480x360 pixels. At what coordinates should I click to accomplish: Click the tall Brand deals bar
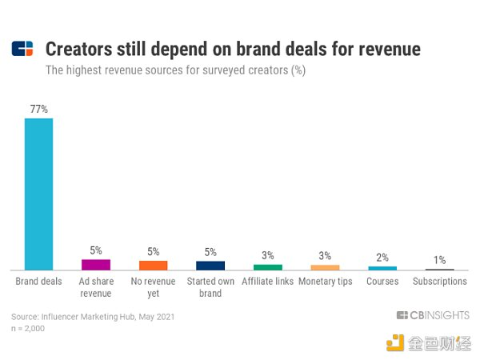(x=38, y=194)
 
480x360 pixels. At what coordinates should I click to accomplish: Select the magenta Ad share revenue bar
(x=96, y=265)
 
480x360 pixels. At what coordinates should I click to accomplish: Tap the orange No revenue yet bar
(x=153, y=266)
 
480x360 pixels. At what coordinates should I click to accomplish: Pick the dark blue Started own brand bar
(x=210, y=266)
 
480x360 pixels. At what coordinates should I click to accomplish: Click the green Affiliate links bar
(x=268, y=267)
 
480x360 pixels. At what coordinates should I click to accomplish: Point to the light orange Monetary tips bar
(x=325, y=267)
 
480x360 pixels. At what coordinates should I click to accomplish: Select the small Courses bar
(x=382, y=268)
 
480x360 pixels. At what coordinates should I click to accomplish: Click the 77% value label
(x=39, y=109)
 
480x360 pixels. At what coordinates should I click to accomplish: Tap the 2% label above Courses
(x=382, y=258)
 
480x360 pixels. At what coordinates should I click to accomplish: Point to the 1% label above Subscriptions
(x=439, y=260)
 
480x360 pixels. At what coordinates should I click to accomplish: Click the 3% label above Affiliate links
(x=268, y=255)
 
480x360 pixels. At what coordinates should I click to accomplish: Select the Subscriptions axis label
(x=440, y=281)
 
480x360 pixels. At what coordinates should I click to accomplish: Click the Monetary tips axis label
(x=326, y=282)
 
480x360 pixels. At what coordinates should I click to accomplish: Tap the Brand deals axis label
(x=38, y=281)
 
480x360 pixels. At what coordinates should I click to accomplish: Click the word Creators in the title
(x=79, y=49)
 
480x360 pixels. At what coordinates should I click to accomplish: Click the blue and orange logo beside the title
(x=22, y=49)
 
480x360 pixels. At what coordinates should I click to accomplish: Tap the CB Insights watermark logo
(x=433, y=315)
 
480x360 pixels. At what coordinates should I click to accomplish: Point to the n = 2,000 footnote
(x=28, y=329)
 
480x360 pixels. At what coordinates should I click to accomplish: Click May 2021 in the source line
(x=157, y=317)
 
